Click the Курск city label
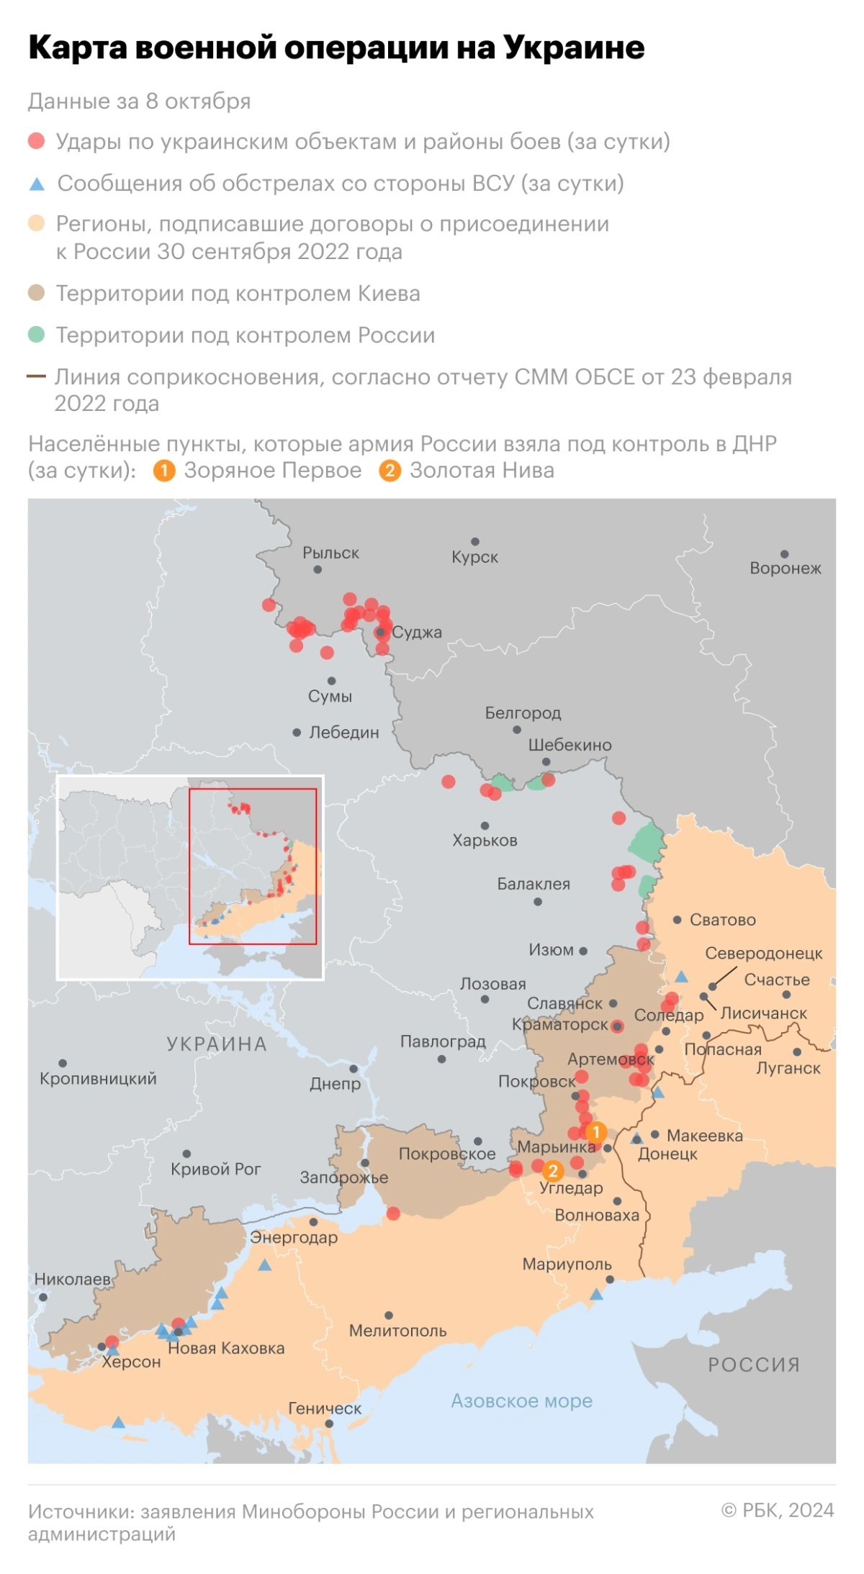click(x=474, y=557)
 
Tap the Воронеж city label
click(x=785, y=568)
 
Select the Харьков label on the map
click(x=485, y=840)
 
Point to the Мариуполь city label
click(x=567, y=1264)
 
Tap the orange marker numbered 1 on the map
click(x=595, y=1132)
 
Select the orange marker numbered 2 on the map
click(x=553, y=1171)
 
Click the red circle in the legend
click(x=37, y=141)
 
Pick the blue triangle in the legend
click(x=37, y=184)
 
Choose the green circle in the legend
click(x=37, y=335)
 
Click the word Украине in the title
click(x=574, y=48)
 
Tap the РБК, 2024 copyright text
click(x=778, y=1509)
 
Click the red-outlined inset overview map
click(x=252, y=866)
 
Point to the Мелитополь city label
click(x=397, y=1331)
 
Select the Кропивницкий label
click(x=98, y=1078)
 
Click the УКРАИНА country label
click(x=217, y=1044)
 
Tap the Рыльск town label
click(x=330, y=553)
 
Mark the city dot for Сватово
click(x=677, y=920)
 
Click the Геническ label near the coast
click(x=325, y=1408)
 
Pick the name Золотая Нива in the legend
click(x=482, y=470)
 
